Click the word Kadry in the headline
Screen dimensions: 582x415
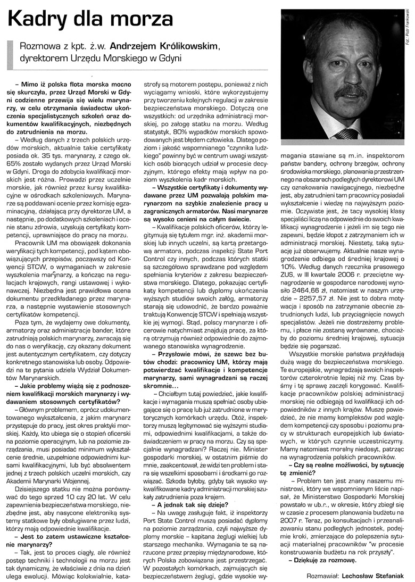click(37, 20)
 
